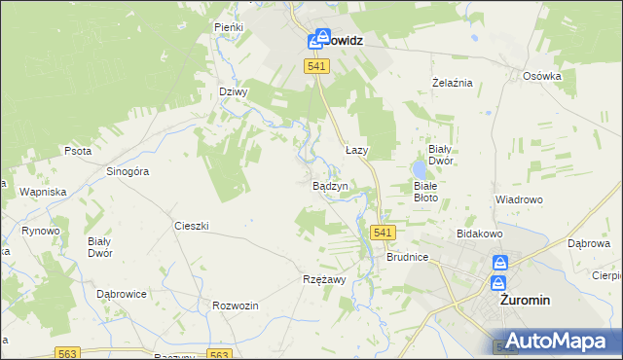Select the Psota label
[x=77, y=152]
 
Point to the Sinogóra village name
[x=127, y=171]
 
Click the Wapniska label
[x=42, y=192]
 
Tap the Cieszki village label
[x=192, y=226]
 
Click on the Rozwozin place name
[x=235, y=306]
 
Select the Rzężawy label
[x=325, y=279]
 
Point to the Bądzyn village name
[x=330, y=186]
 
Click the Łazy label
[x=357, y=151]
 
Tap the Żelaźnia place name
[x=452, y=83]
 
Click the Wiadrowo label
[x=518, y=199]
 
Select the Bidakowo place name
[x=478, y=234]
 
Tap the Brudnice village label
[x=407, y=259]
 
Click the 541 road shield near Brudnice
[x=383, y=233]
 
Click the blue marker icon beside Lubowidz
[x=315, y=41]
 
